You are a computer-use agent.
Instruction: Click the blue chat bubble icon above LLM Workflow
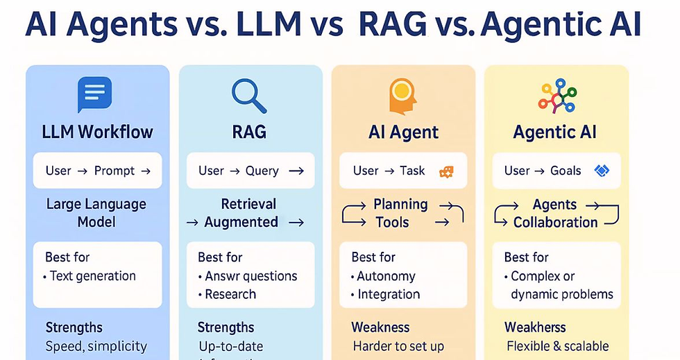pyautogui.click(x=94, y=95)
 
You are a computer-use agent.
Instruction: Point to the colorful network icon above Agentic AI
pyautogui.click(x=556, y=96)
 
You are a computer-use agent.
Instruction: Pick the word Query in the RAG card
pyautogui.click(x=262, y=171)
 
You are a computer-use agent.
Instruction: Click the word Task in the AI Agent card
pyautogui.click(x=412, y=171)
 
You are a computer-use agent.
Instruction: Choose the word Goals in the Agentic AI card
pyautogui.click(x=566, y=171)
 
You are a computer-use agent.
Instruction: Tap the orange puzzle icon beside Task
pyautogui.click(x=446, y=171)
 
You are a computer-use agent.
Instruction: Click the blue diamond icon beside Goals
pyautogui.click(x=602, y=171)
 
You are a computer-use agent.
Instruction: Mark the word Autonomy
pyautogui.click(x=386, y=276)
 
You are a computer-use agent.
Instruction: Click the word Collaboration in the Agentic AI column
pyautogui.click(x=555, y=223)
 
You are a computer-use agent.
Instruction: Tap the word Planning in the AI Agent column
pyautogui.click(x=400, y=205)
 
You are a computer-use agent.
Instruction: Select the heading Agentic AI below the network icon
pyautogui.click(x=556, y=132)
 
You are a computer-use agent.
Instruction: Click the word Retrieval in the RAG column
pyautogui.click(x=248, y=205)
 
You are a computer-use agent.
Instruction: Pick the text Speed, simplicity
pyautogui.click(x=96, y=346)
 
